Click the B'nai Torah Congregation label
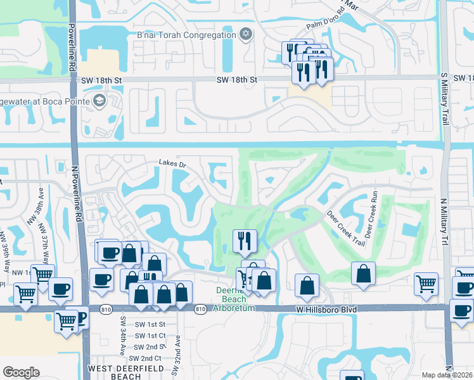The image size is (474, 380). point(182,35)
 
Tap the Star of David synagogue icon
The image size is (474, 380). point(245,34)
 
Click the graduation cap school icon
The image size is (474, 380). point(98,101)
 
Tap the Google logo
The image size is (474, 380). point(21,372)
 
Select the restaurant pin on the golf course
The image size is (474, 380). point(245,241)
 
